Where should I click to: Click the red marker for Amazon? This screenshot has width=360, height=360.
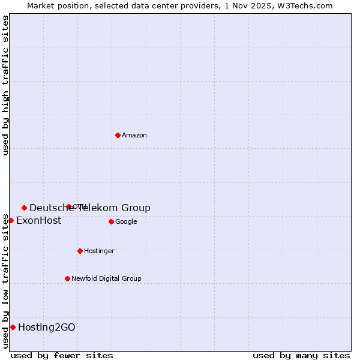(x=118, y=135)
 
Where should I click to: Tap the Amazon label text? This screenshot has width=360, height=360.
(x=134, y=136)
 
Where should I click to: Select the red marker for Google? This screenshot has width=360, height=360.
(x=111, y=221)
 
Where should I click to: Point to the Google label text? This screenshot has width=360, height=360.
(x=126, y=222)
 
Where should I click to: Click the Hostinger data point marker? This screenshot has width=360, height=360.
(x=80, y=251)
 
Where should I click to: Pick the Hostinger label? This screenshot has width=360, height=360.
(x=99, y=251)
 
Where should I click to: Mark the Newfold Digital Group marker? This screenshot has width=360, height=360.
(x=67, y=278)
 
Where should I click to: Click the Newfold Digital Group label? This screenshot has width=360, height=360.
(x=106, y=279)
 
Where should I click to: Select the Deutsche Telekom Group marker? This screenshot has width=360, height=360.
(x=24, y=208)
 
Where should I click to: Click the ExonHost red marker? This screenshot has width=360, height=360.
(x=11, y=220)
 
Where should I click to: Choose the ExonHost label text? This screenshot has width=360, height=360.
(x=38, y=221)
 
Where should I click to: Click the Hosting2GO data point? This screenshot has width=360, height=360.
(x=13, y=327)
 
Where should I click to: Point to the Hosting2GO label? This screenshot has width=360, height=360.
(x=47, y=328)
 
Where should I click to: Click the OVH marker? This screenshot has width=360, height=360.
(x=68, y=206)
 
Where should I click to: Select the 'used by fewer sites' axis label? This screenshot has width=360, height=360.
(x=62, y=356)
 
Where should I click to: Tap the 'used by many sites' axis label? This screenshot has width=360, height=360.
(x=301, y=356)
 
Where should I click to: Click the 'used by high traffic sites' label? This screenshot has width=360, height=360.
(x=5, y=85)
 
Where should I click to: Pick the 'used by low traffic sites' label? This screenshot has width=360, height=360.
(x=5, y=280)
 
